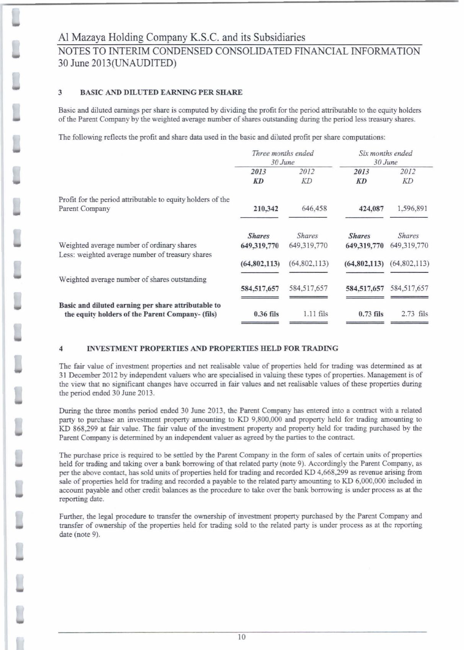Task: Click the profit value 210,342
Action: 266,209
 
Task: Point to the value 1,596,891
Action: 412,209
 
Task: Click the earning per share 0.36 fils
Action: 266,314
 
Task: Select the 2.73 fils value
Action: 414,314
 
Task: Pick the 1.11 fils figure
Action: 316,314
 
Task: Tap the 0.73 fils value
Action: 371,314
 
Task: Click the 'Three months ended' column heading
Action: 283,153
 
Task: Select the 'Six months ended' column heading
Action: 385,153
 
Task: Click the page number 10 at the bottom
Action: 241,637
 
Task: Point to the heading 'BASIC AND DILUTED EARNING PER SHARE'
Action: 161,92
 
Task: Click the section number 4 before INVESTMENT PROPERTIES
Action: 61,349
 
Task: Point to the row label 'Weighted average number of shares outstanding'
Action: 132,279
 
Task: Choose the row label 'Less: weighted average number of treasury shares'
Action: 135,254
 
